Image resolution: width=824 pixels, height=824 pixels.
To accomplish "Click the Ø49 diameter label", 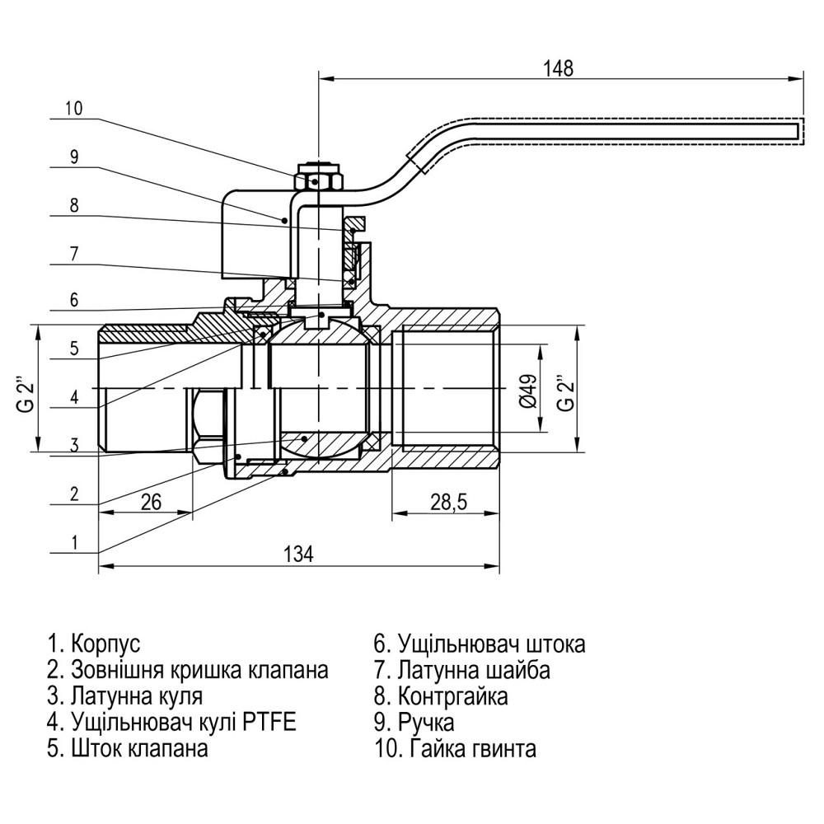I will (529, 389).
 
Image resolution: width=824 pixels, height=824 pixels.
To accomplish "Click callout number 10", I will (74, 108).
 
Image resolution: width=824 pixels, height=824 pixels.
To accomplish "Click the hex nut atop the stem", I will (317, 177).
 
